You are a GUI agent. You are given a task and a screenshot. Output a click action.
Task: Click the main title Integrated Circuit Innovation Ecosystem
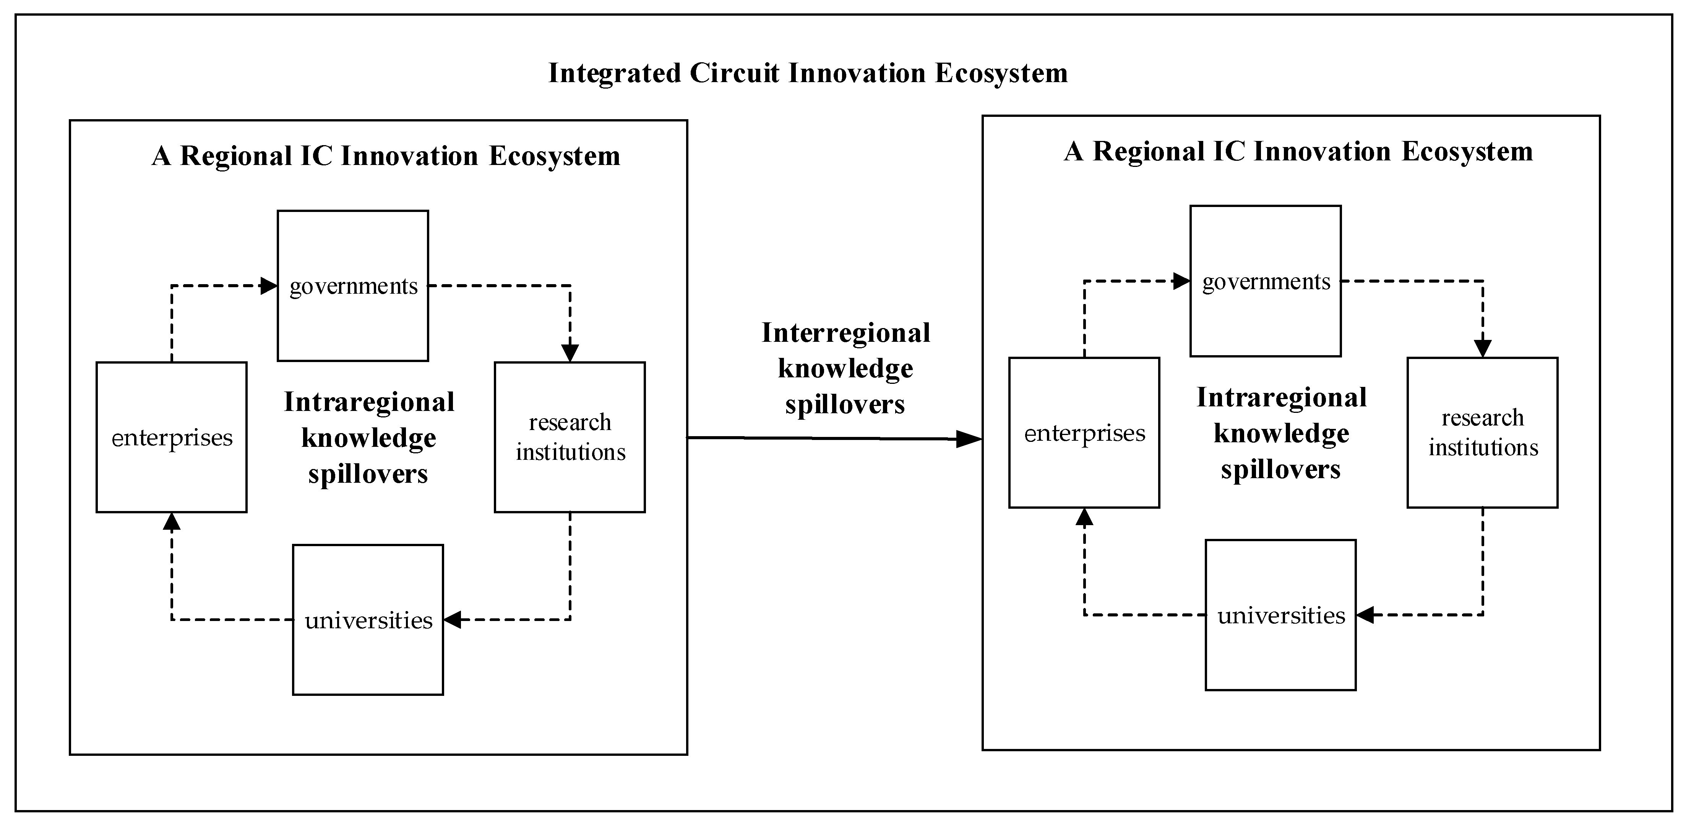(x=808, y=73)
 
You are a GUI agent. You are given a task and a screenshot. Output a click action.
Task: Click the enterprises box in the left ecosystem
(x=172, y=437)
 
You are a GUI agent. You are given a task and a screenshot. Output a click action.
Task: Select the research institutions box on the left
(x=570, y=437)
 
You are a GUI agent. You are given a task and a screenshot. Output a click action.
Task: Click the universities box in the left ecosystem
(x=368, y=619)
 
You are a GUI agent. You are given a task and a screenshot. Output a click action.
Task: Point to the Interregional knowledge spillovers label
(x=845, y=368)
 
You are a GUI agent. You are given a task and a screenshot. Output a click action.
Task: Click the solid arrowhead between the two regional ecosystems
(x=969, y=439)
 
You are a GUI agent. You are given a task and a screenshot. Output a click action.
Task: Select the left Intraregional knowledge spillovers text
(x=368, y=438)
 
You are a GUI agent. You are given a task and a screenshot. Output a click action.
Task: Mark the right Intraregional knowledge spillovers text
(x=1281, y=433)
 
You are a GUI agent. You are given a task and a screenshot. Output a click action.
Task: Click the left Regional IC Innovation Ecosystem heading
(x=386, y=156)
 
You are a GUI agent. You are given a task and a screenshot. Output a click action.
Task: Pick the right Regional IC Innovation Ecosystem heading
(x=1298, y=151)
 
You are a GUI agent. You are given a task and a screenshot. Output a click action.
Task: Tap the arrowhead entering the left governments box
(x=268, y=286)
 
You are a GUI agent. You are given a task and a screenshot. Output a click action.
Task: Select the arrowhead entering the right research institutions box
(x=1482, y=348)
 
